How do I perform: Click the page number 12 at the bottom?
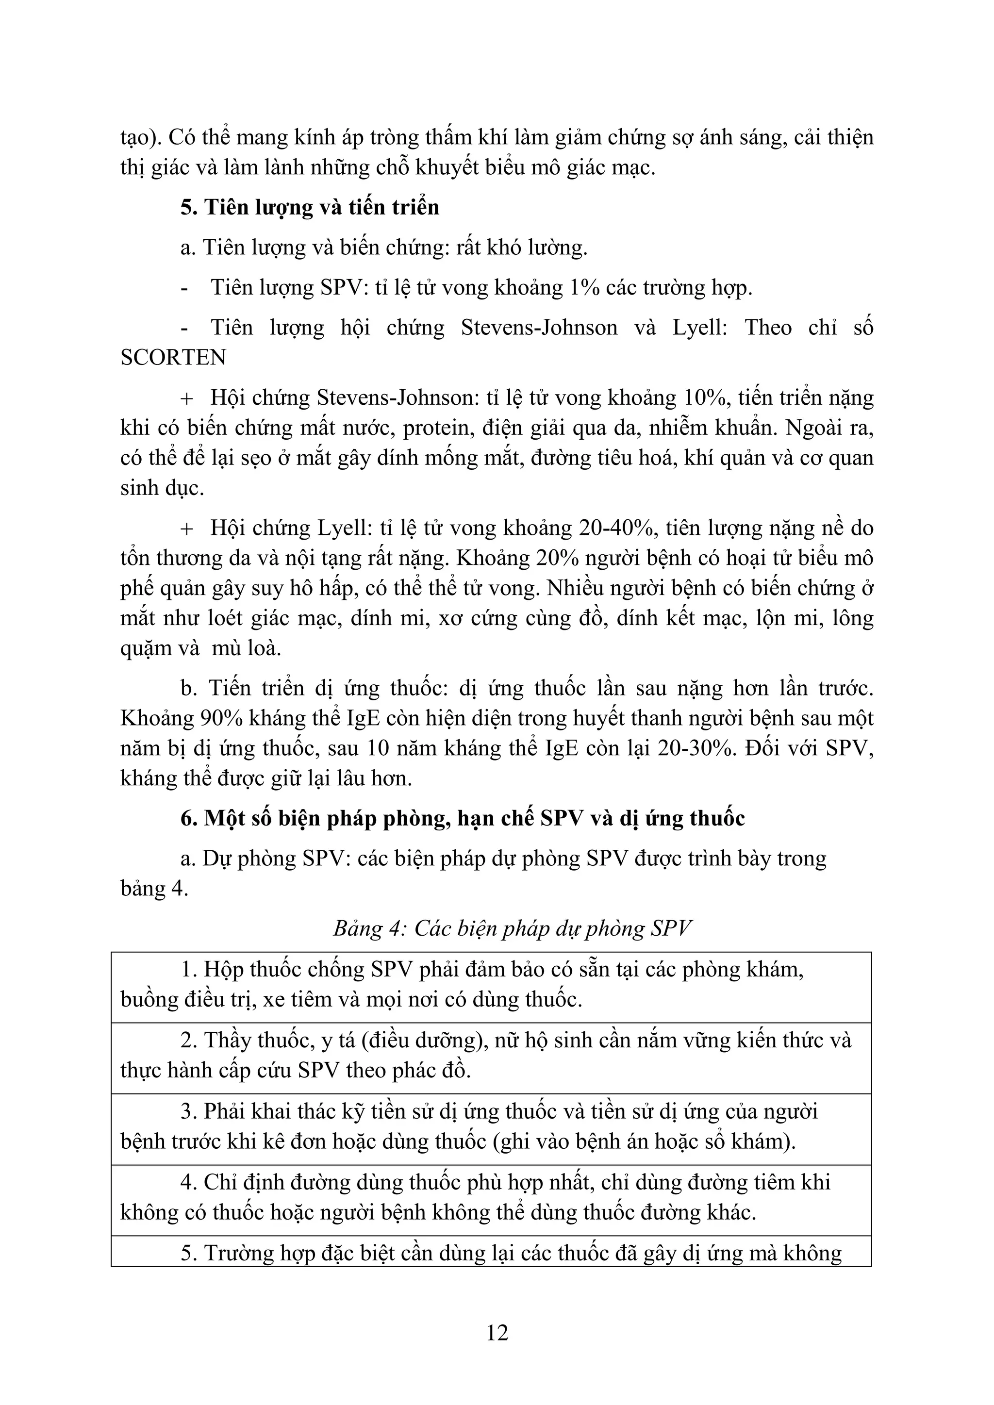497,1332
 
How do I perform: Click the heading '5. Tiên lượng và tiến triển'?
310,207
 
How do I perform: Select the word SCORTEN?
173,357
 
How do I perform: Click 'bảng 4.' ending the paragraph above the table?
154,889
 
